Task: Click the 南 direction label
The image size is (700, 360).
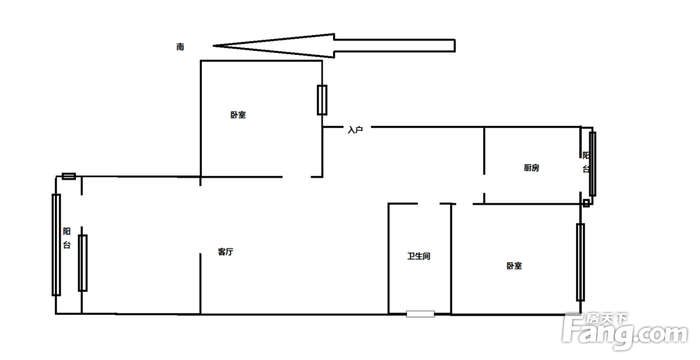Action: [x=180, y=47]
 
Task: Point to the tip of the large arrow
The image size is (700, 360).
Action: [x=213, y=45]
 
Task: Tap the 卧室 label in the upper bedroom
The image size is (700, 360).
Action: [x=238, y=115]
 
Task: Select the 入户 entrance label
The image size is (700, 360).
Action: [x=355, y=130]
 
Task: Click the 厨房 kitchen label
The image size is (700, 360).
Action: [x=531, y=168]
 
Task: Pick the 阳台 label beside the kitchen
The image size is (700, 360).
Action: [x=586, y=162]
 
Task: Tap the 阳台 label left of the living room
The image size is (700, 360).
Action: [x=67, y=238]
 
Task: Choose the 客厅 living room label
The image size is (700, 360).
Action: [x=226, y=252]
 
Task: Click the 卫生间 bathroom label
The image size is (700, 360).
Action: [x=419, y=256]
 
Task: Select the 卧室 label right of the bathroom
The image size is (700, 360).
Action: [x=514, y=266]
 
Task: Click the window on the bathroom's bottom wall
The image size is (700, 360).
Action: [x=420, y=314]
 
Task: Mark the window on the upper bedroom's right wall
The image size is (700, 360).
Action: [x=322, y=100]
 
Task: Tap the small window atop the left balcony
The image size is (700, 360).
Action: [x=69, y=176]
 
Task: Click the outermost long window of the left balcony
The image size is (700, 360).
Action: [x=56, y=244]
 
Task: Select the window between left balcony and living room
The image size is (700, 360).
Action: [x=83, y=263]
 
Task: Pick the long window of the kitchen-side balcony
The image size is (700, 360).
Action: [x=593, y=164]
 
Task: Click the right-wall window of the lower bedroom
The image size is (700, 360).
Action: [x=580, y=263]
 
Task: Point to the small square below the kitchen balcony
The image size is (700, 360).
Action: [x=586, y=203]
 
